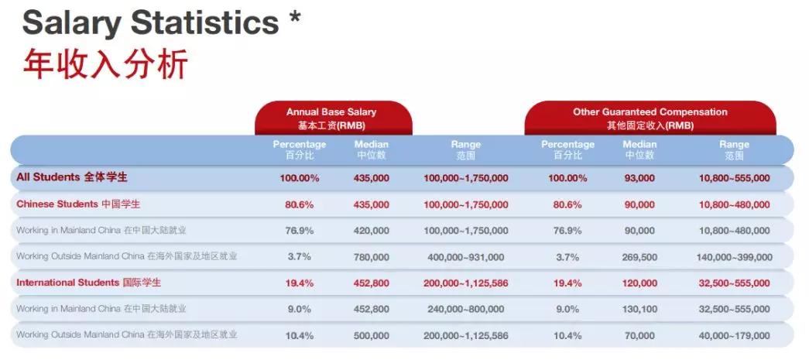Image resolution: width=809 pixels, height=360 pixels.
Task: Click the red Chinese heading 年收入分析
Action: [105, 63]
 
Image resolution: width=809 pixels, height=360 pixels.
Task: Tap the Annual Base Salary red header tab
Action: [333, 118]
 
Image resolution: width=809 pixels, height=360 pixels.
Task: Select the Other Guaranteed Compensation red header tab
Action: [650, 118]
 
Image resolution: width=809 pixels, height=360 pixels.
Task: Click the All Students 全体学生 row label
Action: [72, 177]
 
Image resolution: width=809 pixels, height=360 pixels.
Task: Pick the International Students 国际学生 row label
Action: [89, 283]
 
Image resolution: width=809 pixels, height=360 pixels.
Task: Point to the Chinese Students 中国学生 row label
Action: [78, 204]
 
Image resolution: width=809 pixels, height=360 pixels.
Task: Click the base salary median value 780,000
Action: [372, 257]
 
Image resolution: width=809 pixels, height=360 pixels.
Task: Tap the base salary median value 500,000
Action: [372, 336]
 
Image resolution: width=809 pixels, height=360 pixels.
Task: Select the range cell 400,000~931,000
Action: [465, 257]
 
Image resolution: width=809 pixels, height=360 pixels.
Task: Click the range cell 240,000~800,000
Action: [465, 309]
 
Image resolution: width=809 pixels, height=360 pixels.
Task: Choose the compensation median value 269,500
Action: [639, 257]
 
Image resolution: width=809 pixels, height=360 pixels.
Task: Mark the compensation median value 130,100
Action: [639, 309]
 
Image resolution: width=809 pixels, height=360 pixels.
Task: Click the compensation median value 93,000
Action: [639, 178]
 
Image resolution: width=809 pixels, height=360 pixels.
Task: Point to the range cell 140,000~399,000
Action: [734, 257]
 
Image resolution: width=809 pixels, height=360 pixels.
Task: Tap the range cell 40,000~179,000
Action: [734, 336]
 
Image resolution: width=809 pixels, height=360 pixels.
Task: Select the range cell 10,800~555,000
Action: [734, 178]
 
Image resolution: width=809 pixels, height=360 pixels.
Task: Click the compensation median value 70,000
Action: [639, 336]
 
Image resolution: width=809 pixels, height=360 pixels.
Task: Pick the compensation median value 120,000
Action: [639, 283]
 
